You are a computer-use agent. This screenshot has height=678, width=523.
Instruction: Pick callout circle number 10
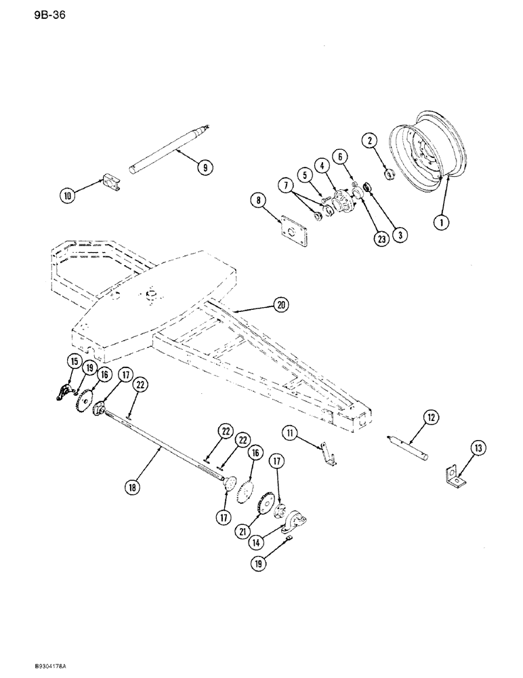point(68,197)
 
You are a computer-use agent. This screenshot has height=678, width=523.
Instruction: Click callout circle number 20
point(280,304)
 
